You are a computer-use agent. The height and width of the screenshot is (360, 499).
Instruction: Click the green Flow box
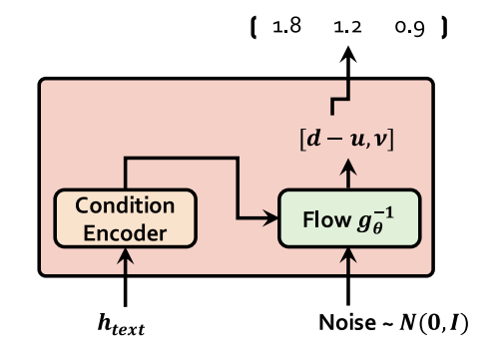[347, 216]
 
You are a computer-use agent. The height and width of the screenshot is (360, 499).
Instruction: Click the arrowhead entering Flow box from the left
[270, 216]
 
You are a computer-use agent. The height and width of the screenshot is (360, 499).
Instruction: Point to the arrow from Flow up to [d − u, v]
[347, 173]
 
